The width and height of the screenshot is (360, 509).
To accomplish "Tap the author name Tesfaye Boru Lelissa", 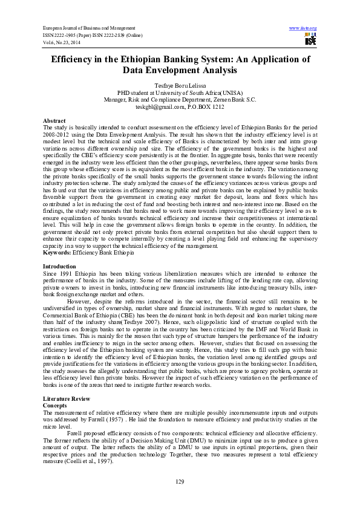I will pos(180,86).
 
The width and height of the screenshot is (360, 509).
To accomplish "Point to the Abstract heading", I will pos(54,121).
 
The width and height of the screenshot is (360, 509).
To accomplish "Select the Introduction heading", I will pos(59,266).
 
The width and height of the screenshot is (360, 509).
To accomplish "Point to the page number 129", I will pos(180,481).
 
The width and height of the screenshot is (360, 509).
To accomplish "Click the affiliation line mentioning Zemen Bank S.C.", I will pos(180,100).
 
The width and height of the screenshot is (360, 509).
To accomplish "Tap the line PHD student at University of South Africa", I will pos(180,93).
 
